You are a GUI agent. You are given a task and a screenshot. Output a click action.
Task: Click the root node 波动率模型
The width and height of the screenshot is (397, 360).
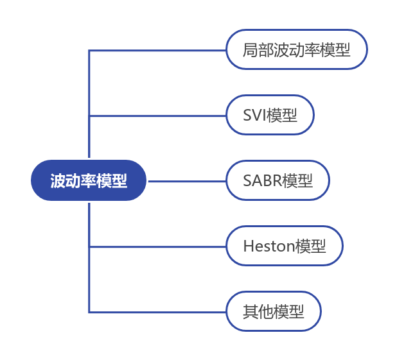pos(89,180)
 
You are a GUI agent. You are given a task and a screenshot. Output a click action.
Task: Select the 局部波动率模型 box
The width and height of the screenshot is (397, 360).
pos(296,49)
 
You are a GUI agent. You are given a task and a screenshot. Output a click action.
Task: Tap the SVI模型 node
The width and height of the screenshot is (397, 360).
pos(270,116)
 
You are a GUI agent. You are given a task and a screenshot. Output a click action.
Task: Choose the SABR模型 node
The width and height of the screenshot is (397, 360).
pos(278,180)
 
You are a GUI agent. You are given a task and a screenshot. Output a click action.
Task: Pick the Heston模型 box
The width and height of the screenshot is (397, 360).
pos(285,246)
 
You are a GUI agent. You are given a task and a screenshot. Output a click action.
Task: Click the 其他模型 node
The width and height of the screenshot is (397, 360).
pos(273,312)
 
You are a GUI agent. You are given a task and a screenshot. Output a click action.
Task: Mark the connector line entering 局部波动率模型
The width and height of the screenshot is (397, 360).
pos(157,50)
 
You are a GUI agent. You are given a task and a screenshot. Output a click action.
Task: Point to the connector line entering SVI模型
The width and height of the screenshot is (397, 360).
pos(157,116)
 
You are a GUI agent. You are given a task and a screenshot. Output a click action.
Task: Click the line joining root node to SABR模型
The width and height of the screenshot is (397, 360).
pos(186,181)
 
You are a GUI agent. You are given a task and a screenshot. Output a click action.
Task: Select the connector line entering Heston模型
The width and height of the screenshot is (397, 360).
pos(157,246)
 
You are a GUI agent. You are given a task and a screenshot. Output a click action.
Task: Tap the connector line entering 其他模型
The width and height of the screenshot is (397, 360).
pos(157,312)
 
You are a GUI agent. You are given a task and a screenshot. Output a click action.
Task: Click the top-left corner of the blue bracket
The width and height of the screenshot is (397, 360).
pos(89,50)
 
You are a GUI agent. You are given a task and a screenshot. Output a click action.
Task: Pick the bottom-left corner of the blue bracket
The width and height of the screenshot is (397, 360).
pos(89,312)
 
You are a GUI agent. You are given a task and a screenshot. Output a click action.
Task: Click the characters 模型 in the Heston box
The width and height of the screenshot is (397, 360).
pos(311,246)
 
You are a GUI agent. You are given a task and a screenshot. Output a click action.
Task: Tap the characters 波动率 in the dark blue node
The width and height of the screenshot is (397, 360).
pos(73,180)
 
